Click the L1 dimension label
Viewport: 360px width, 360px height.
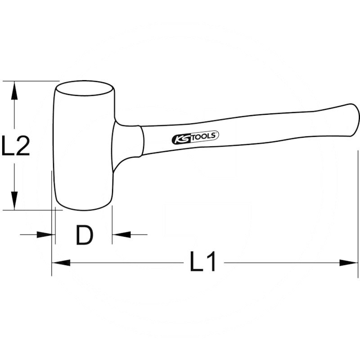(x=203, y=262)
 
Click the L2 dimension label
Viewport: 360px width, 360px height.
(x=16, y=146)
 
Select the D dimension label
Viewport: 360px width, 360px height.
(x=84, y=235)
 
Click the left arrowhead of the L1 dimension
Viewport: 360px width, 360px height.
(x=61, y=262)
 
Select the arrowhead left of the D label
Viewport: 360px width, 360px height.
(x=45, y=234)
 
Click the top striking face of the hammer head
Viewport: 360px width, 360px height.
(x=84, y=88)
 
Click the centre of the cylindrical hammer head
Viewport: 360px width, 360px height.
(x=84, y=146)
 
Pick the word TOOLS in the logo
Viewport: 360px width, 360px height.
(x=205, y=135)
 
